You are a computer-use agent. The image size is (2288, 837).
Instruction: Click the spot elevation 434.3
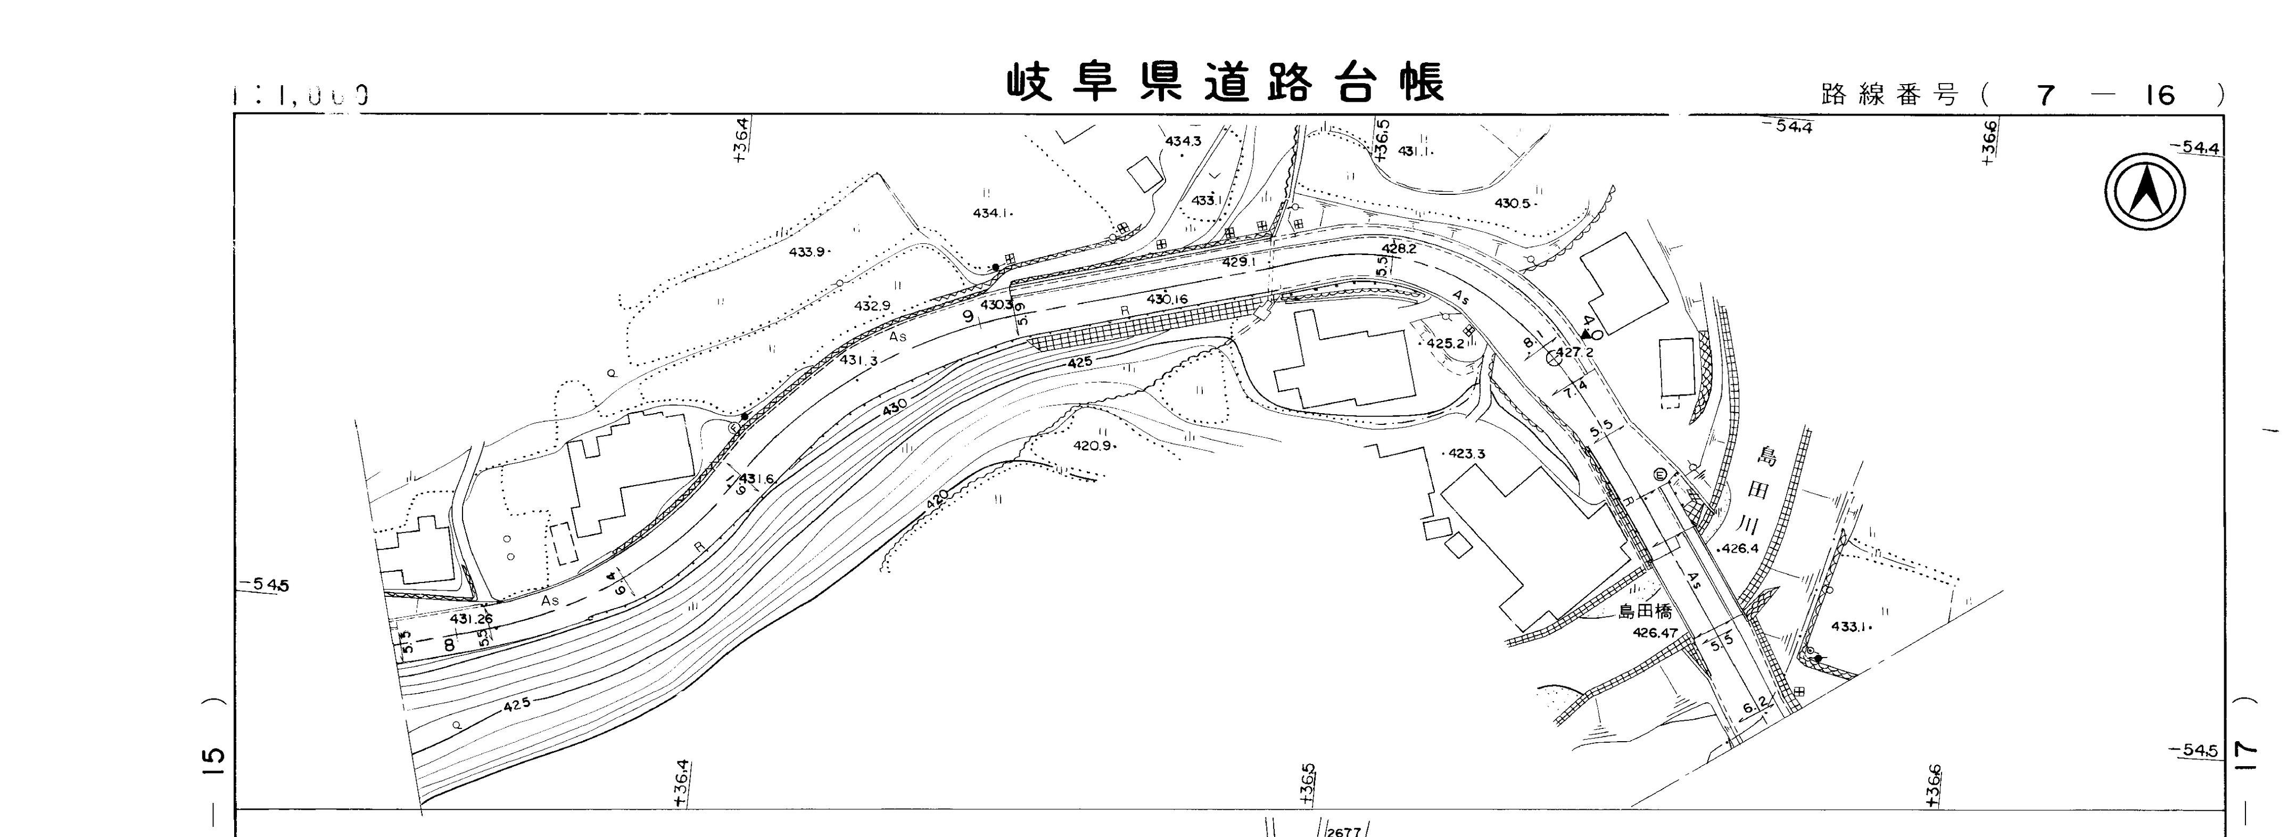(1183, 141)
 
